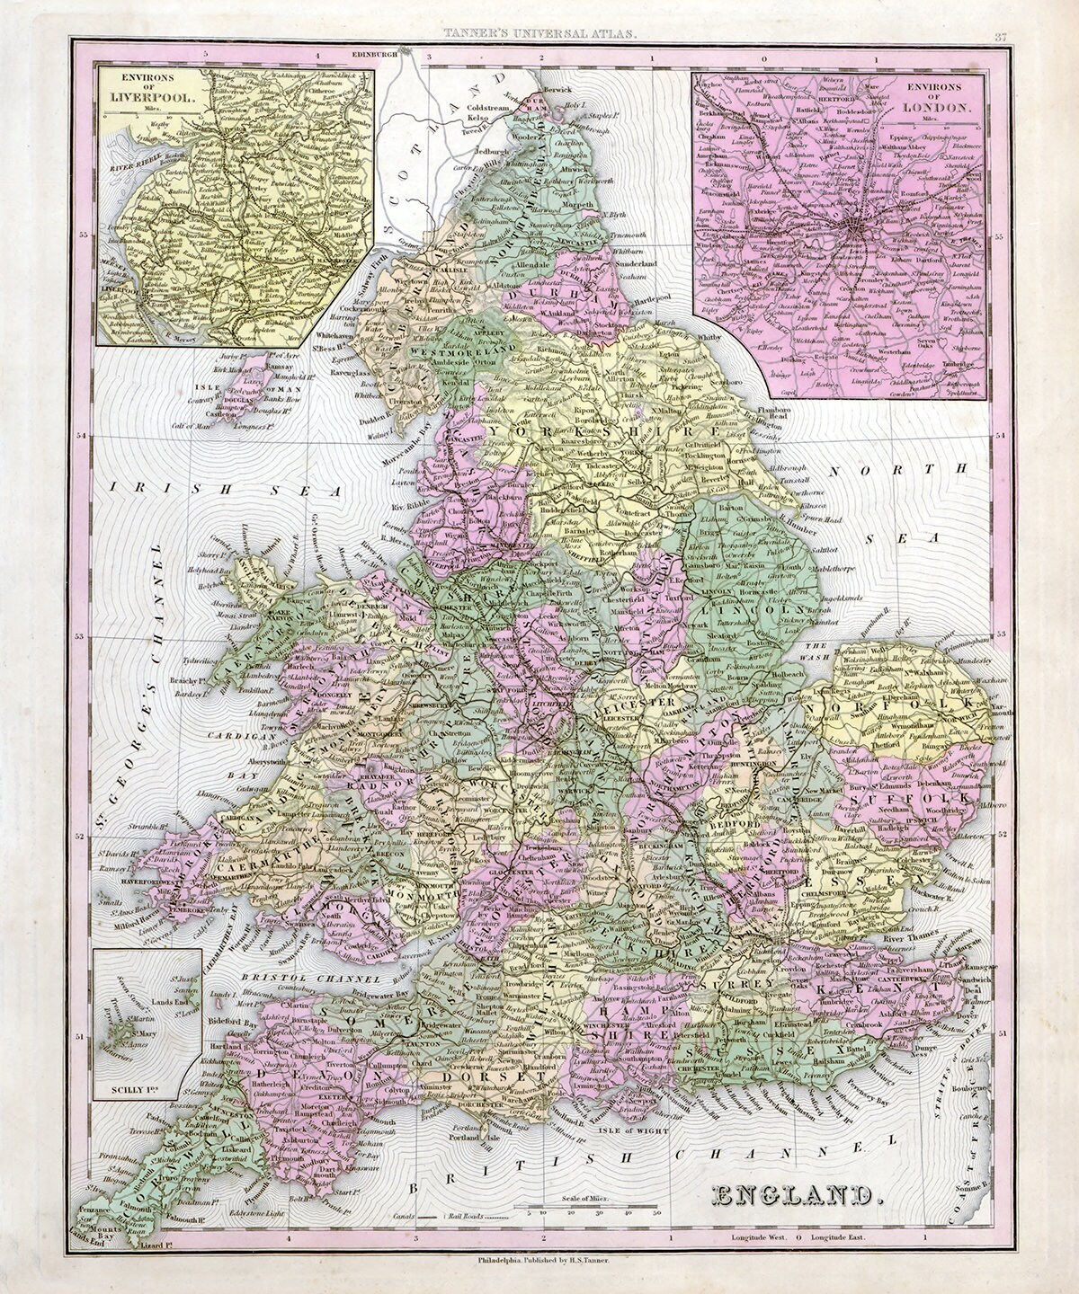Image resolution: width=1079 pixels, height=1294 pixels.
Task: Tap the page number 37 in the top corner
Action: [x=999, y=36]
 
